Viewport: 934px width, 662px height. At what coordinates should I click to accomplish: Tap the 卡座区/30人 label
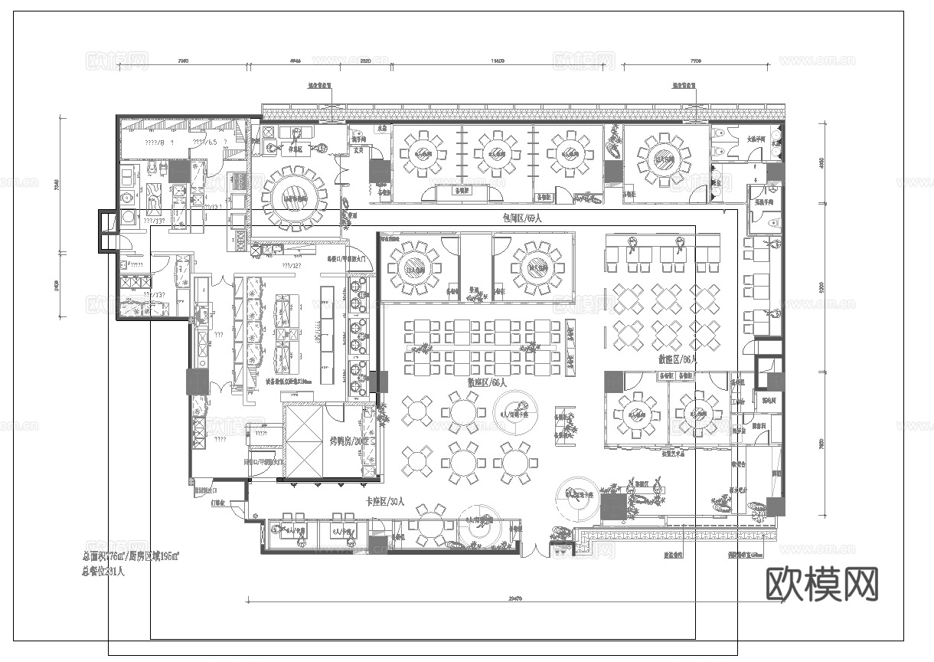click(x=385, y=503)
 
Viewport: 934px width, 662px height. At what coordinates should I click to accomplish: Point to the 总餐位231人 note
click(x=103, y=571)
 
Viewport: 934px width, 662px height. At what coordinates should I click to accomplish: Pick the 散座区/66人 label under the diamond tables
click(x=678, y=359)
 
